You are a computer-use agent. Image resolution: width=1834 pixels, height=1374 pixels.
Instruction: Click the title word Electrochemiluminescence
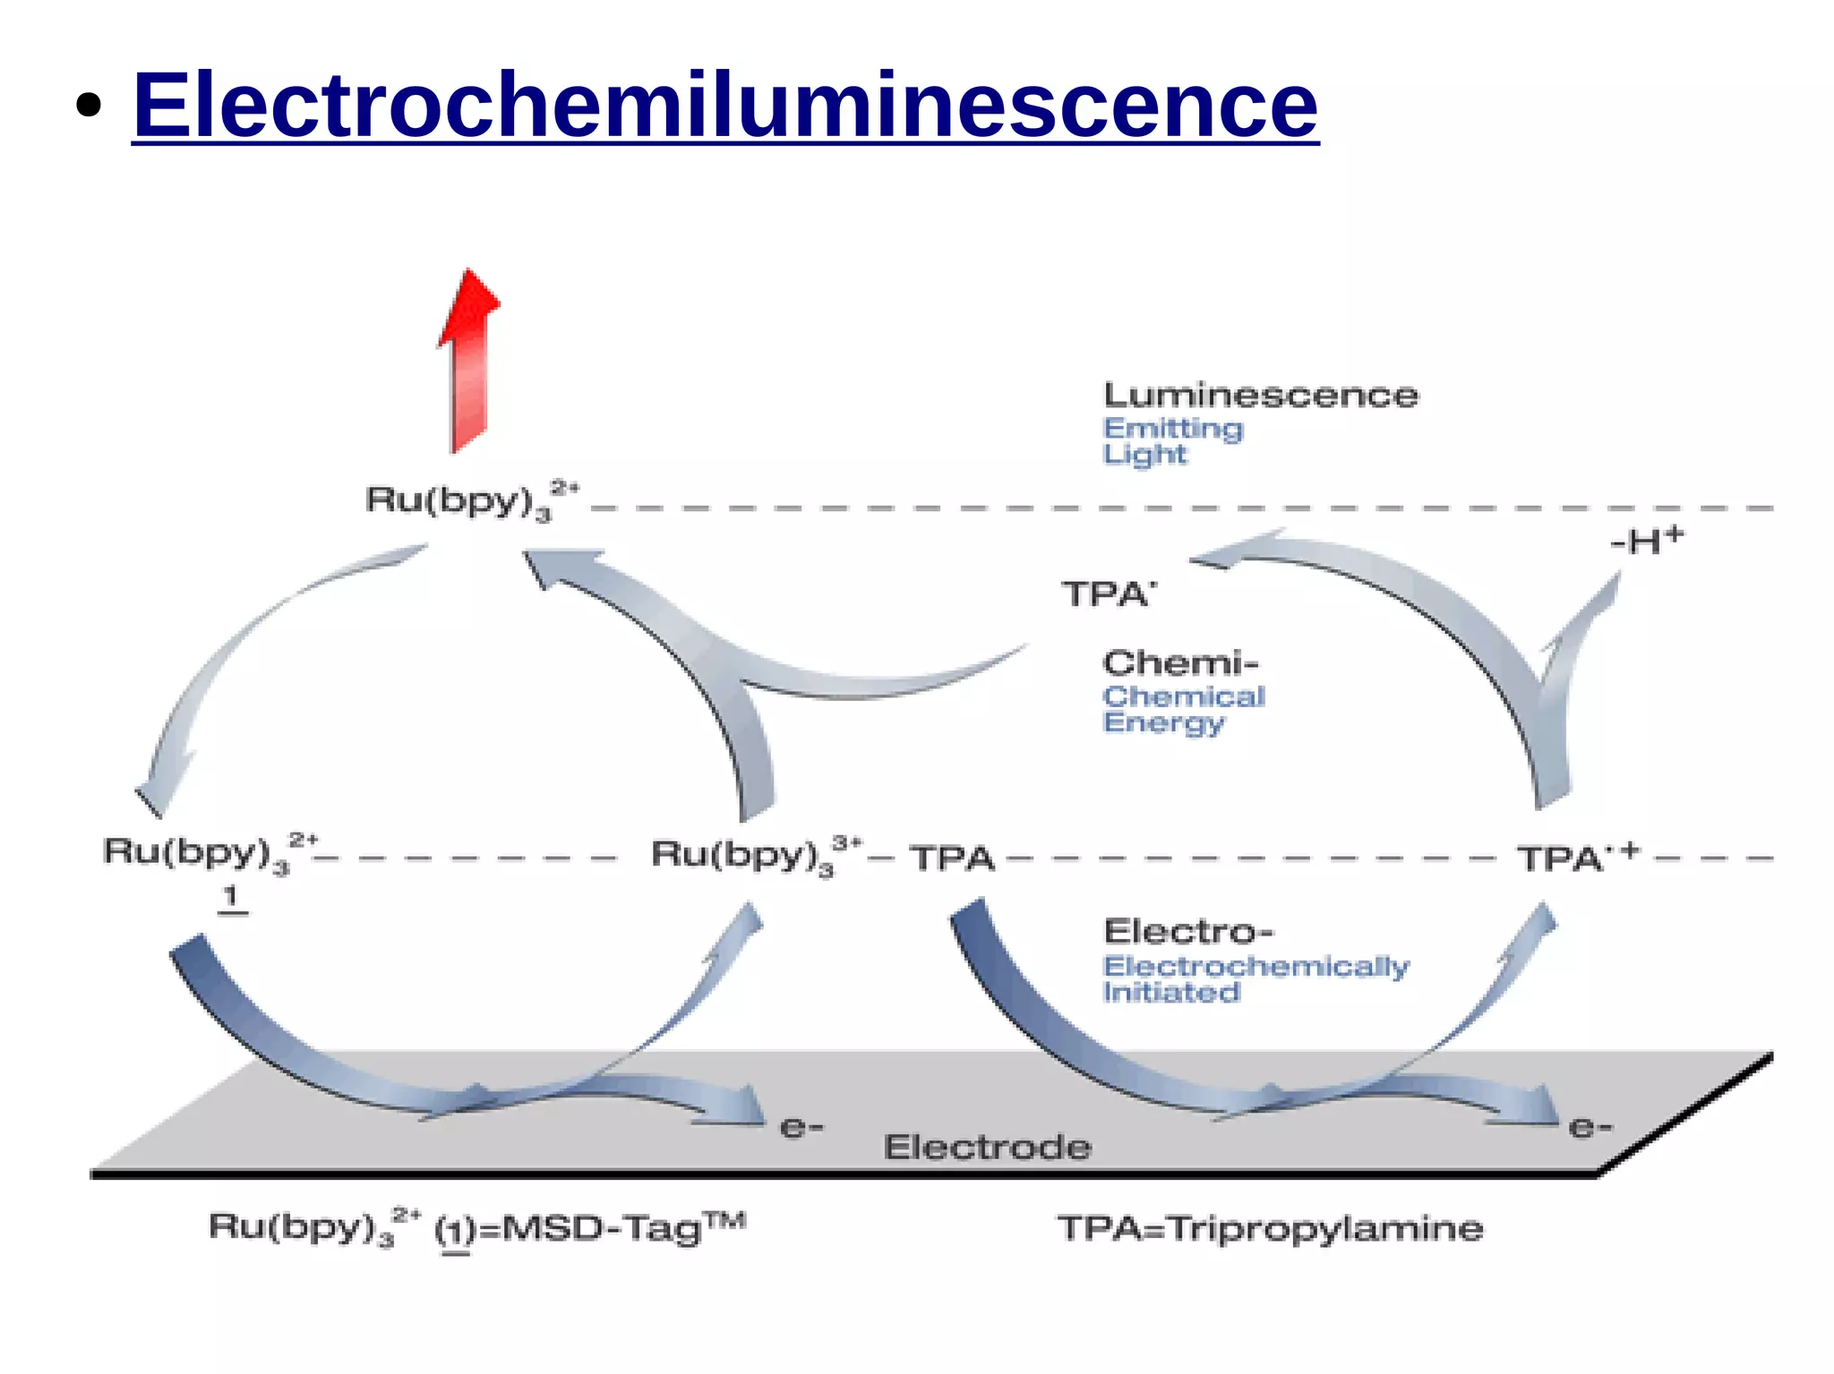point(725,106)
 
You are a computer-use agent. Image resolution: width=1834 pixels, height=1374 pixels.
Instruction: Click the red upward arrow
point(469,358)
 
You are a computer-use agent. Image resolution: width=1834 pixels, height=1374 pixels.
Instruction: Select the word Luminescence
point(1260,396)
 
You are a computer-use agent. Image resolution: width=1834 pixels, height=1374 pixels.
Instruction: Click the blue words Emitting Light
point(1171,441)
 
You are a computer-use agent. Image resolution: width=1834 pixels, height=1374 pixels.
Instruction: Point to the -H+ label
point(1646,541)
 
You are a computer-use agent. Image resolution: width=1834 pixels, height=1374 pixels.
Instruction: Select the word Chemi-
point(1180,663)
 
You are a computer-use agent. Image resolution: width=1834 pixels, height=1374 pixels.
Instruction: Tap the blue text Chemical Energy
point(1182,709)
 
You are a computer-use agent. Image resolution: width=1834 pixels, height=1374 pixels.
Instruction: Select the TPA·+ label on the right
point(1577,858)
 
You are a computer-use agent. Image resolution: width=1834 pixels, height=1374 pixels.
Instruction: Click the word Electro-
point(1187,932)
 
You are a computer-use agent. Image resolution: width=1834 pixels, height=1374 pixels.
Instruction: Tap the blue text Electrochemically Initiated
point(1255,978)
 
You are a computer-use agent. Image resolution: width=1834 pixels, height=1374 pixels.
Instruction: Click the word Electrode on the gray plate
point(987,1148)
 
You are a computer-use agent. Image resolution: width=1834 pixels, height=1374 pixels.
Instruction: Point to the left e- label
point(801,1127)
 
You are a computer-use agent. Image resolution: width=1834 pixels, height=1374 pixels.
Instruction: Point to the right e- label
point(1590,1127)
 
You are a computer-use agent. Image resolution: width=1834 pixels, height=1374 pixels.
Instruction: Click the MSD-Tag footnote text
point(476,1228)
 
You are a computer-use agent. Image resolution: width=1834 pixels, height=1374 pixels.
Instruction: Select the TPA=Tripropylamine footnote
point(1270,1228)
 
